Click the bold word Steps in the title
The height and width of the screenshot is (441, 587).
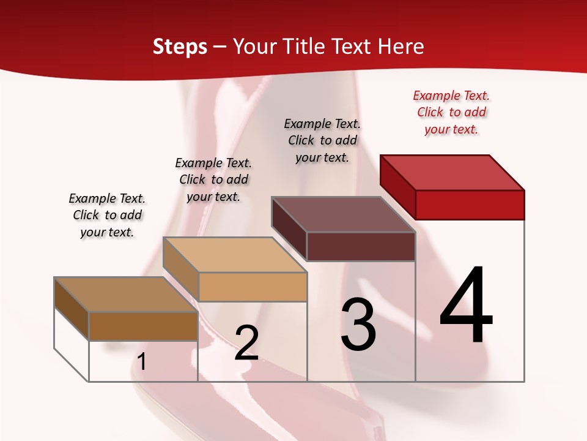point(180,47)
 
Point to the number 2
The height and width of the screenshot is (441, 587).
point(246,343)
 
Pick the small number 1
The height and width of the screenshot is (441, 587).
point(142,362)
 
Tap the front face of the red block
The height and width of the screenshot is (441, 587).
point(470,205)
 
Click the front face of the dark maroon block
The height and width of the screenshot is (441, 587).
point(361,246)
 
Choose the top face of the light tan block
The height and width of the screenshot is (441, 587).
point(235,255)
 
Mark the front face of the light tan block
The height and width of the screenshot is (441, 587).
point(252,287)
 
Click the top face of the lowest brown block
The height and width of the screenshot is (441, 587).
point(126,295)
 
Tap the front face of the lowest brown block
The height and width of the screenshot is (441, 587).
point(143,326)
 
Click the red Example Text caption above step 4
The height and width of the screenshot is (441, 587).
point(451,113)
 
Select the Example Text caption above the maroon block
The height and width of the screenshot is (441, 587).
point(322,140)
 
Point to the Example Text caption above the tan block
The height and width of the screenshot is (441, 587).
point(213,179)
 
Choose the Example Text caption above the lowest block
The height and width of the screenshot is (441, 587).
point(107,215)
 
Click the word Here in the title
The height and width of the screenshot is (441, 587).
point(401,47)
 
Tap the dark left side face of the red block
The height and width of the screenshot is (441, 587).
point(397,184)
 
